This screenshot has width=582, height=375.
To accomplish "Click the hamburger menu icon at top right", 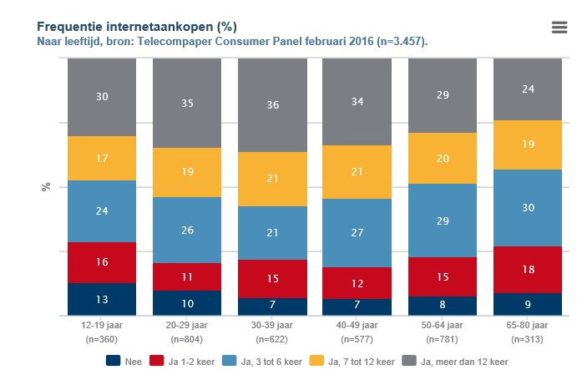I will click(559, 27).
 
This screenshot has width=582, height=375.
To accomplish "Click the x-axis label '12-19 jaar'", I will click(102, 325).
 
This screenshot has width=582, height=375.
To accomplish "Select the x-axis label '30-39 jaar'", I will click(272, 325).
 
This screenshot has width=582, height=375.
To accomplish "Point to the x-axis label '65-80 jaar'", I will click(528, 325).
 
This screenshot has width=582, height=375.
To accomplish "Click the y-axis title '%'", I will click(46, 186).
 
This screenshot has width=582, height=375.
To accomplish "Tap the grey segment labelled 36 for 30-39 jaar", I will click(272, 105).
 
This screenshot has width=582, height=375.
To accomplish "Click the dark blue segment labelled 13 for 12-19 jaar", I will click(102, 300).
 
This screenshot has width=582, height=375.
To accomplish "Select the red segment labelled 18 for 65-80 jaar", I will click(528, 269).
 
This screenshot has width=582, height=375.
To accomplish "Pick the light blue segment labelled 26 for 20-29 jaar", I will click(187, 230).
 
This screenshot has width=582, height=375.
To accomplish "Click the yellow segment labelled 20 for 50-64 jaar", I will click(443, 158).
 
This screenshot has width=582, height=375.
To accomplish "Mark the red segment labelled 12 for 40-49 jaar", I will click(357, 283).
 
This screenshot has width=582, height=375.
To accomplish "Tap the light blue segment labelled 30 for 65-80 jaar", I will click(528, 208).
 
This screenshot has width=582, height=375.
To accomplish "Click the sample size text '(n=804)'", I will click(187, 340).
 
